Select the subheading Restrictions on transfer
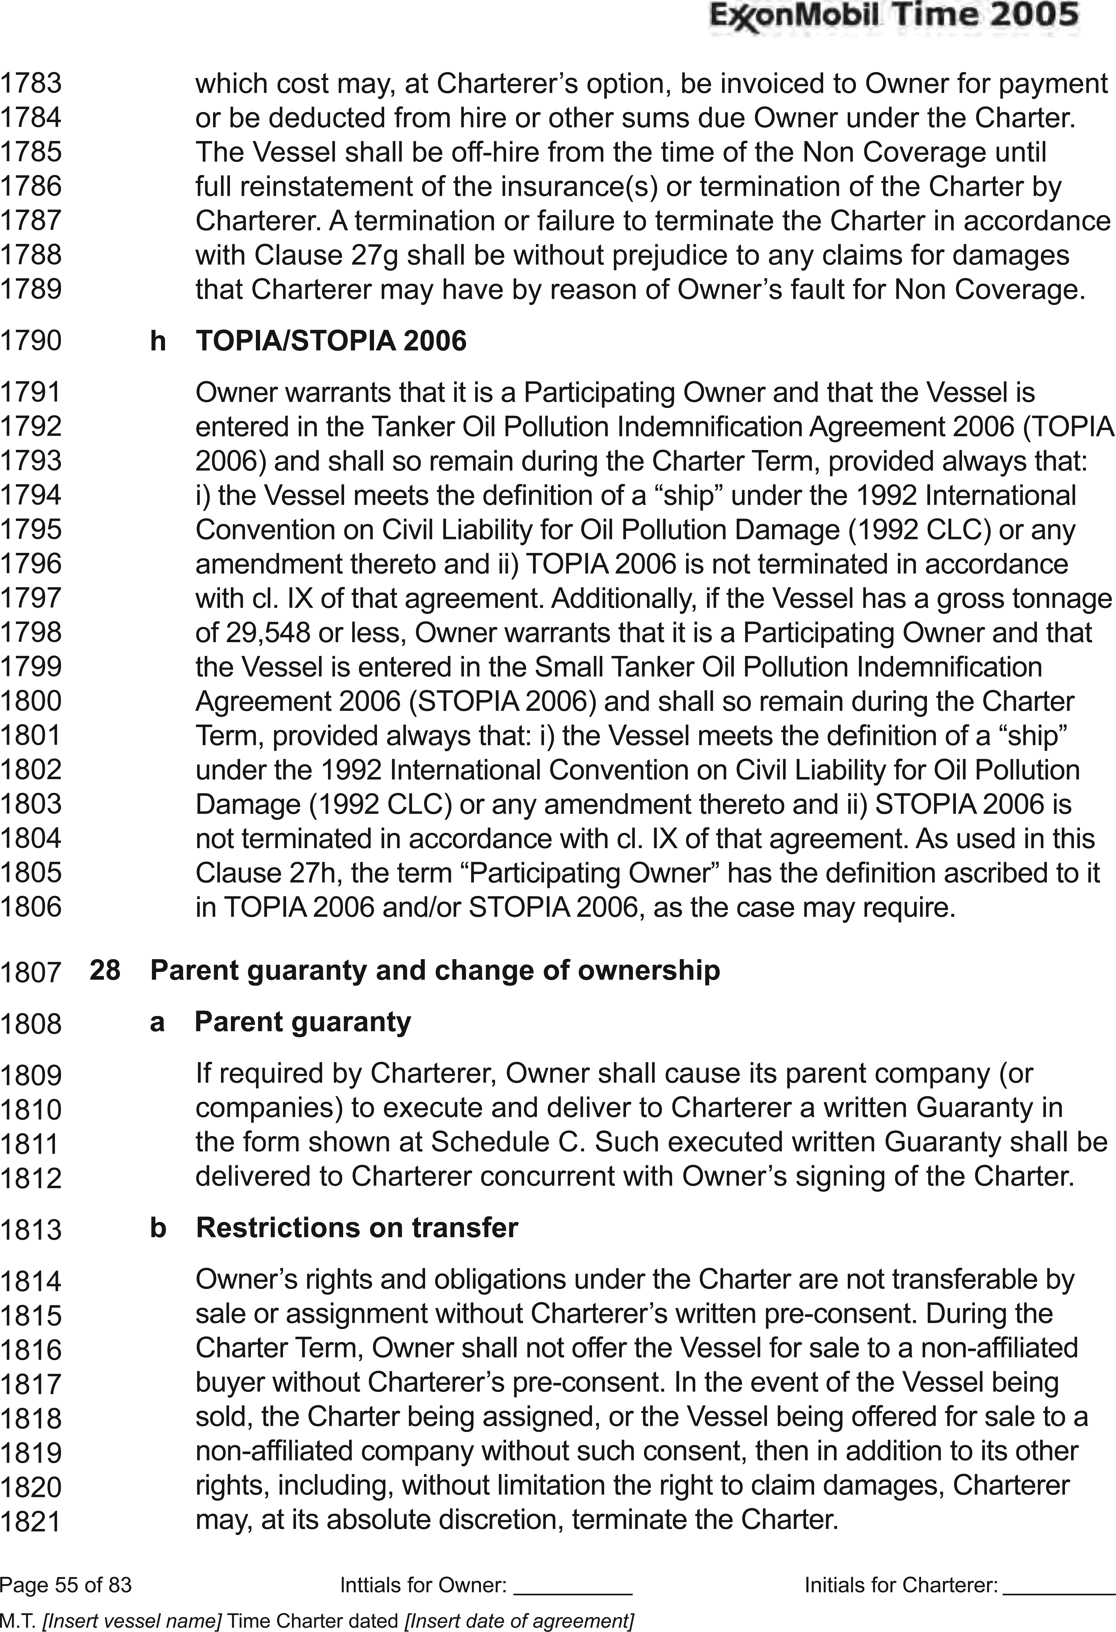pos(357,1227)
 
